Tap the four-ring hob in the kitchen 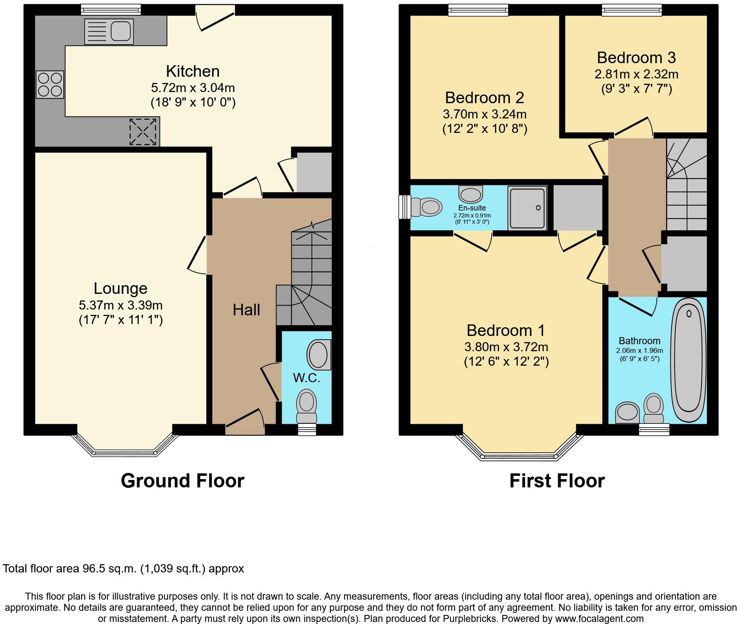point(50,85)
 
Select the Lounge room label point(120,288)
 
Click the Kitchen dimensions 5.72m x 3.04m point(193,87)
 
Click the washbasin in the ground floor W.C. point(319,355)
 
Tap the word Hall point(246,310)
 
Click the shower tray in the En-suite point(528,208)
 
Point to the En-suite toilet point(426,206)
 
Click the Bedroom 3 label point(636,58)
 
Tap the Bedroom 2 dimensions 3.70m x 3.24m point(485,114)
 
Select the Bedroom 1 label point(506,330)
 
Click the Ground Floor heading point(182,481)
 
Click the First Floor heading point(557,481)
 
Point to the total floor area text point(124,569)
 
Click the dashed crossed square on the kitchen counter point(143,132)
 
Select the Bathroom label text point(639,341)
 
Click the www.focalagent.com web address point(599,619)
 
